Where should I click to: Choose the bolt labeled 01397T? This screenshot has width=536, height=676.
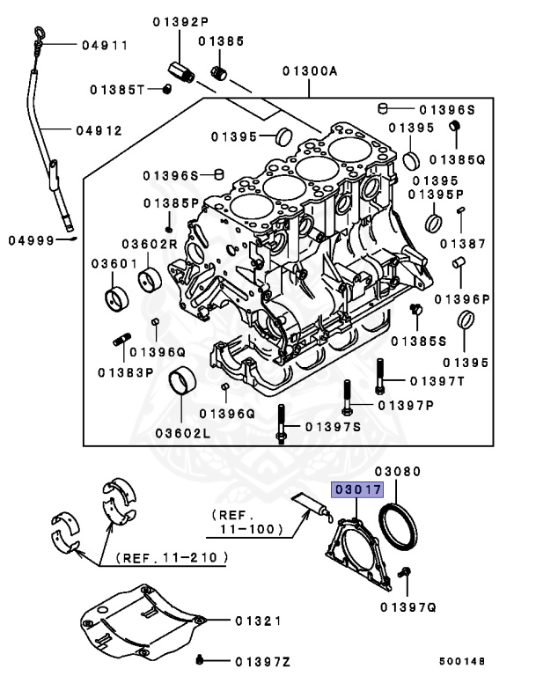point(380,376)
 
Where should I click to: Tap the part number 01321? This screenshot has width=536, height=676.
point(258,621)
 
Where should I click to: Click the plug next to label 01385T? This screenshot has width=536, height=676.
point(165,88)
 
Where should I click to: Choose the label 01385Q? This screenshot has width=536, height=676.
point(462,160)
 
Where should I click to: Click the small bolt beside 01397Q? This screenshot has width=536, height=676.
point(406,575)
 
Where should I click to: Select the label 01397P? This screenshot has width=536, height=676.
point(406,405)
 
